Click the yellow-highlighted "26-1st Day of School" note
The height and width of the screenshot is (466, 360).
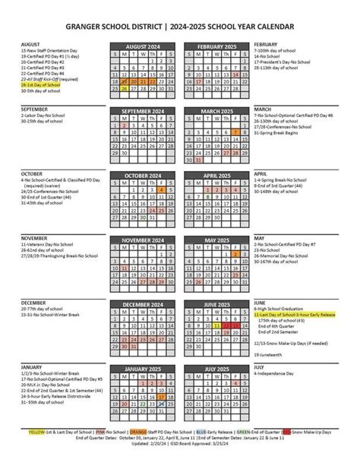[x=42, y=85]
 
